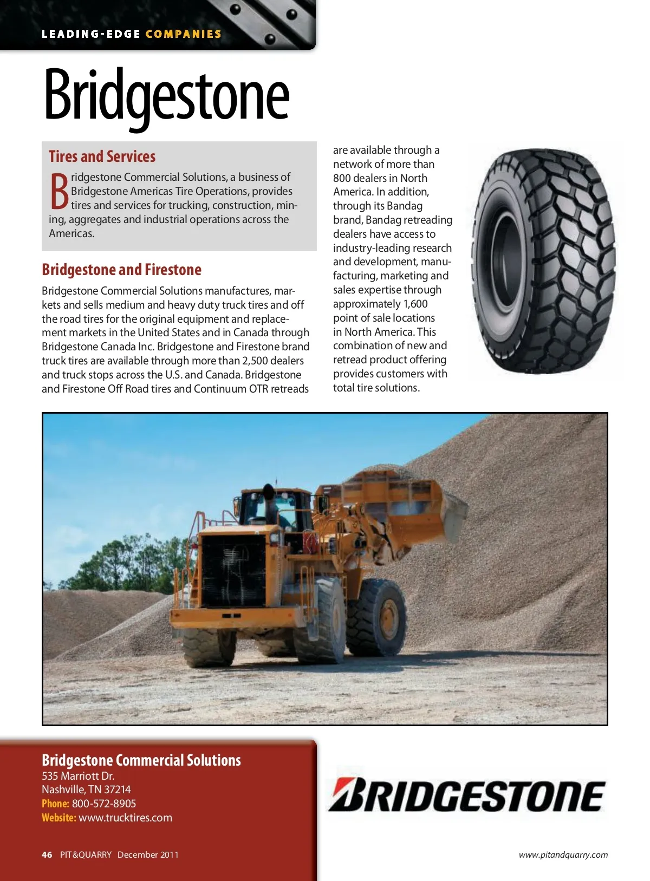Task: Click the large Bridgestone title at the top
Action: coord(166,96)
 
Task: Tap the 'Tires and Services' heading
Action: coord(102,156)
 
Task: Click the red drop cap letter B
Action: coord(59,192)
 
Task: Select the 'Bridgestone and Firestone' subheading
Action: coord(121,270)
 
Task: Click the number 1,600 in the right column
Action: coord(415,304)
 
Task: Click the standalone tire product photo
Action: coord(544,261)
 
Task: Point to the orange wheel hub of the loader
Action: coord(388,617)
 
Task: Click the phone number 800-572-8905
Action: coord(104,804)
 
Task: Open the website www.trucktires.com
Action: coord(125,818)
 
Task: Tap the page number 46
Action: coord(47,854)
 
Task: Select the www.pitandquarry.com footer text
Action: coord(563,855)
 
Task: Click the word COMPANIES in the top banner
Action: coord(183,34)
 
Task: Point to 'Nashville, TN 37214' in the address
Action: coord(86,789)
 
